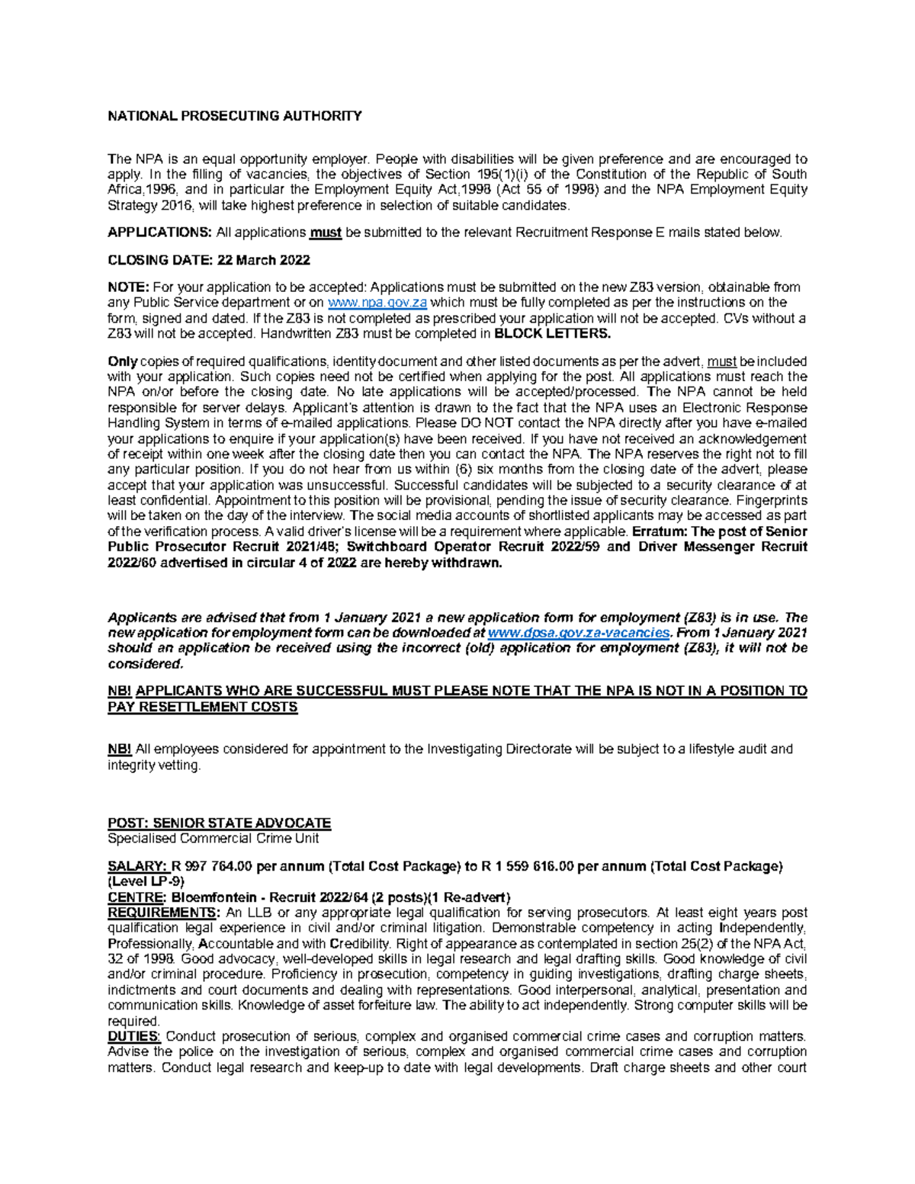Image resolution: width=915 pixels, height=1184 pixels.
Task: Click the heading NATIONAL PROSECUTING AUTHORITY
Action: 234,116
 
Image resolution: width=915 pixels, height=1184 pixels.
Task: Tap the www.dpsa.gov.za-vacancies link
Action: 579,633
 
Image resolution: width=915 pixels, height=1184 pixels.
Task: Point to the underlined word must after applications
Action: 326,233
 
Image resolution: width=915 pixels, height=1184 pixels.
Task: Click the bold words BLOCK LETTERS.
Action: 552,333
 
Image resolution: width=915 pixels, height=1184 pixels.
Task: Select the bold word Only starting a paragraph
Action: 122,361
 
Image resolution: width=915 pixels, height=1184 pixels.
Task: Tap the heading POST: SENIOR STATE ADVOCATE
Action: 219,823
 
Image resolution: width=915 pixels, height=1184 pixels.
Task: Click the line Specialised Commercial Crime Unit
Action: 213,838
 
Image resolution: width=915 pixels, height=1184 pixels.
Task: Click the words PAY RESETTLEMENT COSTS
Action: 202,707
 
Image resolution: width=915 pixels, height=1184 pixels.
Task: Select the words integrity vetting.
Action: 153,765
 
